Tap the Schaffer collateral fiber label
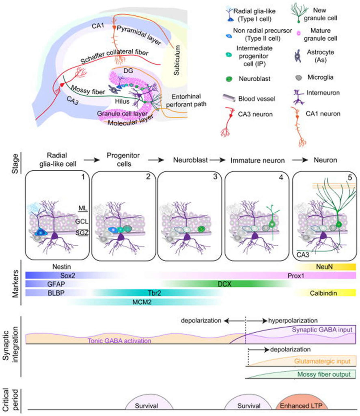click(114, 56)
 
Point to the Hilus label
click(122, 101)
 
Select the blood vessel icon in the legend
click(229, 98)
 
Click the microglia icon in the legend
click(298, 78)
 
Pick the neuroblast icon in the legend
click(229, 79)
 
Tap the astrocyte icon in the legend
click(298, 56)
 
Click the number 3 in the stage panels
click(215, 176)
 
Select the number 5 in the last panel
click(350, 177)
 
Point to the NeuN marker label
click(324, 266)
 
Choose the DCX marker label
click(224, 284)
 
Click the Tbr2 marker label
click(154, 293)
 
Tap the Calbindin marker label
click(323, 293)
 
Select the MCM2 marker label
click(142, 302)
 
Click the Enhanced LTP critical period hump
click(302, 402)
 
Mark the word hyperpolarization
click(293, 321)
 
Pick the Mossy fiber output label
click(324, 374)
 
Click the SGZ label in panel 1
click(82, 233)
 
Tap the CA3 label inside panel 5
click(303, 255)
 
